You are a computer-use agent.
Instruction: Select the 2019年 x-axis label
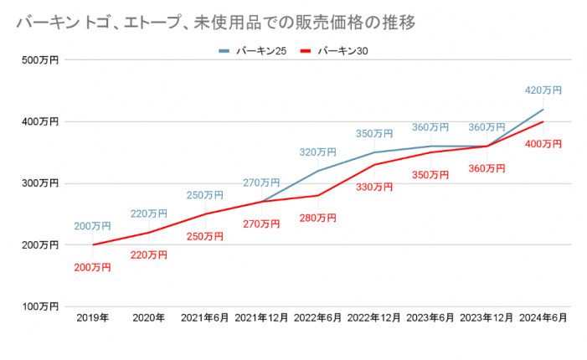click(x=92, y=319)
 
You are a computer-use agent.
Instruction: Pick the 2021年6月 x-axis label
click(x=205, y=319)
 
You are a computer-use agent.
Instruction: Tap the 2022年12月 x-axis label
click(x=374, y=319)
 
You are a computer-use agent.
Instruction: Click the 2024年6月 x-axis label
click(x=543, y=319)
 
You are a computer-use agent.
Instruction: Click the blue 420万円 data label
click(x=543, y=90)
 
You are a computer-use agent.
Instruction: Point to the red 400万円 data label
click(x=543, y=144)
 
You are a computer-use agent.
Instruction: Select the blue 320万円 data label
click(x=318, y=152)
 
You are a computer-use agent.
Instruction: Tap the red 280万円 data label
click(x=318, y=218)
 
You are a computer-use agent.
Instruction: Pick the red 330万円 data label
click(x=374, y=187)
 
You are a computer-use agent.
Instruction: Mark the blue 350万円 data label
click(x=374, y=134)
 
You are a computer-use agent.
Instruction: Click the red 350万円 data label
click(x=431, y=174)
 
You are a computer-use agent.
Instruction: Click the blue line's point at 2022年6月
click(x=318, y=171)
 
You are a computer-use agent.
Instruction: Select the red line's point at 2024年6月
click(x=543, y=121)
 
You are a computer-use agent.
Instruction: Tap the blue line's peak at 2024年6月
click(x=543, y=109)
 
